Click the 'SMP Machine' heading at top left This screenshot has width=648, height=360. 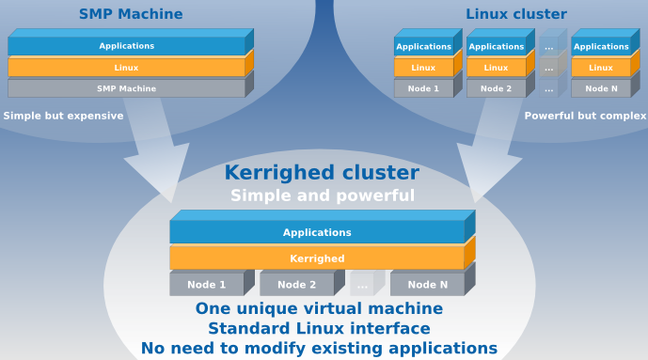pyautogui.click(x=131, y=14)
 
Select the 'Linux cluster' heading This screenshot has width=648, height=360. pyautogui.click(x=516, y=14)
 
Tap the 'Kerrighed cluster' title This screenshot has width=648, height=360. pyautogui.click(x=321, y=173)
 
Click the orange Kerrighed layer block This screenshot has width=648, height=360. pyautogui.click(x=317, y=258)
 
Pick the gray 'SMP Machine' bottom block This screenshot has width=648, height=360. pyautogui.click(x=126, y=88)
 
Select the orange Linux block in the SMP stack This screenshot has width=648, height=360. pyautogui.click(x=126, y=68)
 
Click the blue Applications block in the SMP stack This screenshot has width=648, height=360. pyautogui.click(x=126, y=46)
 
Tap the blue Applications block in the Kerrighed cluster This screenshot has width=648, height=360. pyautogui.click(x=317, y=232)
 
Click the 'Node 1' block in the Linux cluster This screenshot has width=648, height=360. pyautogui.click(x=423, y=88)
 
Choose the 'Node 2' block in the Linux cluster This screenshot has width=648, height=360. pyautogui.click(x=496, y=88)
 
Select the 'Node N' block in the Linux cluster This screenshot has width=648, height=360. pyautogui.click(x=601, y=88)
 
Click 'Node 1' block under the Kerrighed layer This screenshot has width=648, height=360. pyautogui.click(x=206, y=285)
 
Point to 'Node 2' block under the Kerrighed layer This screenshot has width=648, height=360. pyautogui.click(x=296, y=285)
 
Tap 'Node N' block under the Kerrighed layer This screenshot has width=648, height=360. pyautogui.click(x=427, y=285)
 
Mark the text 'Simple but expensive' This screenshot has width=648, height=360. pyautogui.click(x=63, y=117)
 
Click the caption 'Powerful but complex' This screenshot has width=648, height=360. pyautogui.click(x=585, y=117)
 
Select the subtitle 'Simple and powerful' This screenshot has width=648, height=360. pyautogui.click(x=323, y=196)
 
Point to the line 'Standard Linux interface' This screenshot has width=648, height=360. pyautogui.click(x=319, y=329)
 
